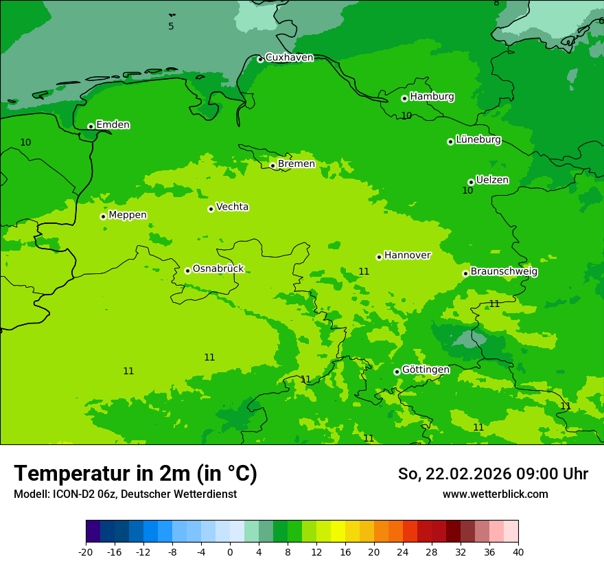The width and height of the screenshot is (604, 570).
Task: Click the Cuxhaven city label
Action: click(x=289, y=58)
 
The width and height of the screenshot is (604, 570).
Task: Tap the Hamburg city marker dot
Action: click(x=404, y=99)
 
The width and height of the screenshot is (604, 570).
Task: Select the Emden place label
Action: click(x=113, y=125)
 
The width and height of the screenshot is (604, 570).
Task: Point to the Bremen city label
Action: click(x=296, y=164)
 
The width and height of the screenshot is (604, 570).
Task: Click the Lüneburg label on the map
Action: click(x=478, y=139)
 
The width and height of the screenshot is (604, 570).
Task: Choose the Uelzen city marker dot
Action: click(x=471, y=182)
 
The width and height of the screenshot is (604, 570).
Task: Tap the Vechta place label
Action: click(x=232, y=207)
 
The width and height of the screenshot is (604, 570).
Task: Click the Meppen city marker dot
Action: click(x=103, y=216)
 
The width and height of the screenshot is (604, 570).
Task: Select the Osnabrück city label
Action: click(x=218, y=269)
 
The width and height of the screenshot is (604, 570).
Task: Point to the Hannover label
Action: click(x=407, y=255)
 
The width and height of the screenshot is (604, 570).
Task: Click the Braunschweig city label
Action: click(x=504, y=271)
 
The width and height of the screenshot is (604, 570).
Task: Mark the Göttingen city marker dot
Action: click(x=397, y=372)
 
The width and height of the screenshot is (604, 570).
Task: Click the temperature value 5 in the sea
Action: click(x=171, y=27)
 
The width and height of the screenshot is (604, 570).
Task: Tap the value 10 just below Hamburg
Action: click(x=406, y=115)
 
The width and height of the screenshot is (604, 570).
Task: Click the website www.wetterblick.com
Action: click(x=495, y=494)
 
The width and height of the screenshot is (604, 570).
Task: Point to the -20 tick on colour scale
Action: click(x=86, y=551)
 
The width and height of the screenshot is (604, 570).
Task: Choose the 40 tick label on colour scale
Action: click(x=518, y=551)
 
